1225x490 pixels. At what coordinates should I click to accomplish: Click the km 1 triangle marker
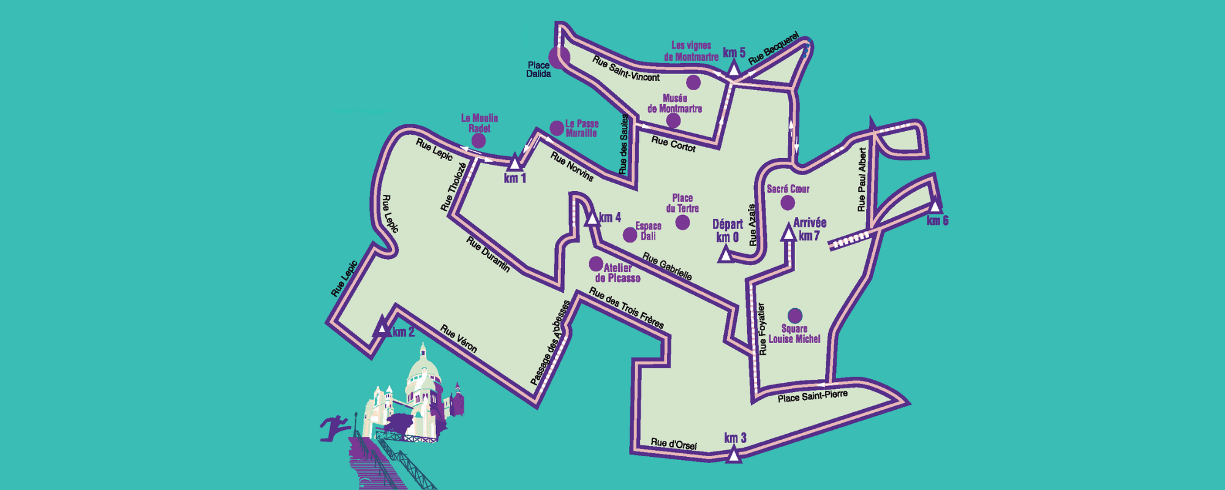(x=514, y=163)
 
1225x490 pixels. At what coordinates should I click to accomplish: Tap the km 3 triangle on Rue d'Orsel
(x=733, y=454)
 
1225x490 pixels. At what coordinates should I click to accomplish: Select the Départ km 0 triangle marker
(x=725, y=254)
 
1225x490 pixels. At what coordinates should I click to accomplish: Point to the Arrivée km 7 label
(x=810, y=229)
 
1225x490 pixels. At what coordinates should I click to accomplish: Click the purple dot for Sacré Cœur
(x=788, y=203)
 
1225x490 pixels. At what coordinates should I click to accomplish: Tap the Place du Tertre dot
(x=682, y=222)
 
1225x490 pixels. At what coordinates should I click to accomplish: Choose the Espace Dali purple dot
(x=630, y=235)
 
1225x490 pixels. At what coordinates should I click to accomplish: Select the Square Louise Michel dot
(x=794, y=315)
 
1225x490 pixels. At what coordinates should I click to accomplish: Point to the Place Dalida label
(x=538, y=70)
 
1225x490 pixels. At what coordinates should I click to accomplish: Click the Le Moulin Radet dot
(x=478, y=141)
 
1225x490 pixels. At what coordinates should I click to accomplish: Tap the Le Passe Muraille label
(x=581, y=128)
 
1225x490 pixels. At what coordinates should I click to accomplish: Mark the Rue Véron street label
(x=458, y=338)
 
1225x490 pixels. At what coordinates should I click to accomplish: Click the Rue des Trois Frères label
(x=626, y=307)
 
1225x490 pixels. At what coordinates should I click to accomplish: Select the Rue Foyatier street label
(x=762, y=329)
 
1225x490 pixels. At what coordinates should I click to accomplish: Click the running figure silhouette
(x=333, y=427)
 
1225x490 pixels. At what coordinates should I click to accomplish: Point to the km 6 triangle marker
(x=935, y=206)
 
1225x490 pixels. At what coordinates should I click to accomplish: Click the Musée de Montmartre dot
(x=673, y=121)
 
